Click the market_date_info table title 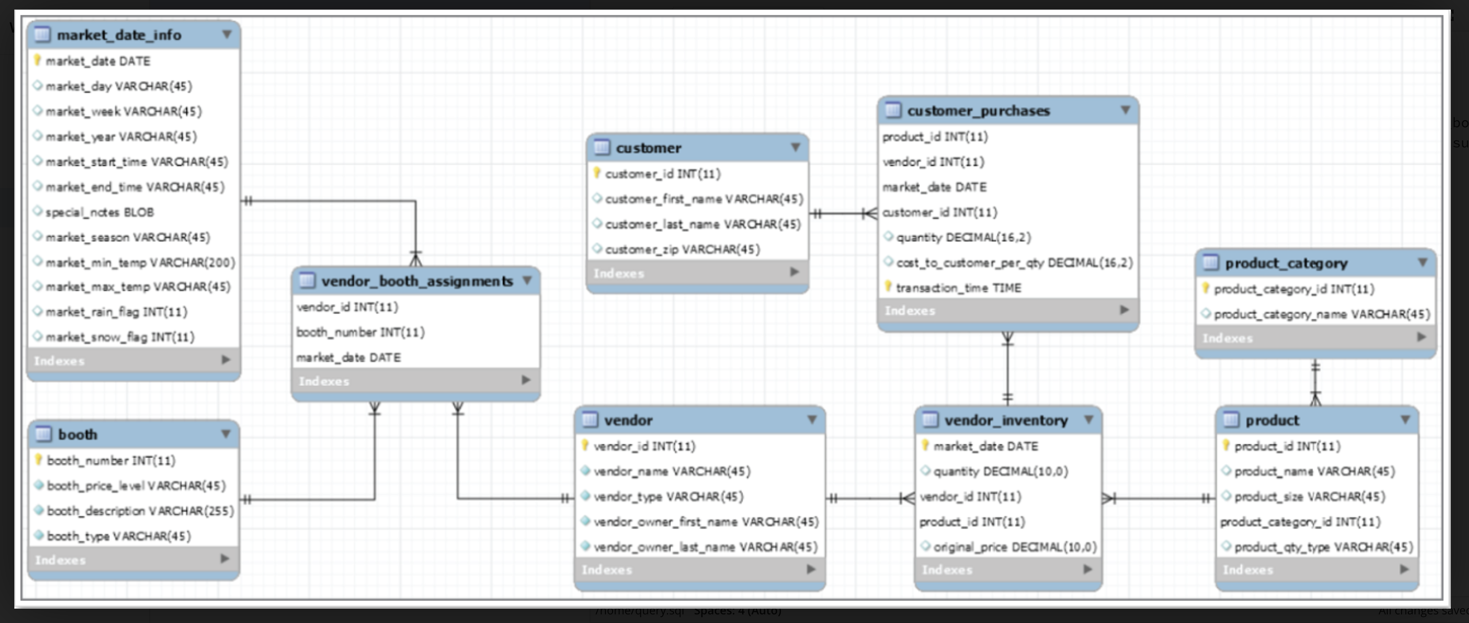click(x=119, y=35)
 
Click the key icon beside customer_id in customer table click(x=596, y=172)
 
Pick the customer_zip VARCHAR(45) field click(x=681, y=249)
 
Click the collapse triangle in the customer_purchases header click(x=1125, y=110)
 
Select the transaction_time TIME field click(x=957, y=288)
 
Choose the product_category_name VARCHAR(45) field click(x=1321, y=314)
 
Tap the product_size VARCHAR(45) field click(x=1309, y=497)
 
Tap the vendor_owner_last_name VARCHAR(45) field click(x=705, y=547)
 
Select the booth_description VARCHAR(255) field click(x=140, y=511)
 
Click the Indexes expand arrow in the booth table click(x=225, y=559)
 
